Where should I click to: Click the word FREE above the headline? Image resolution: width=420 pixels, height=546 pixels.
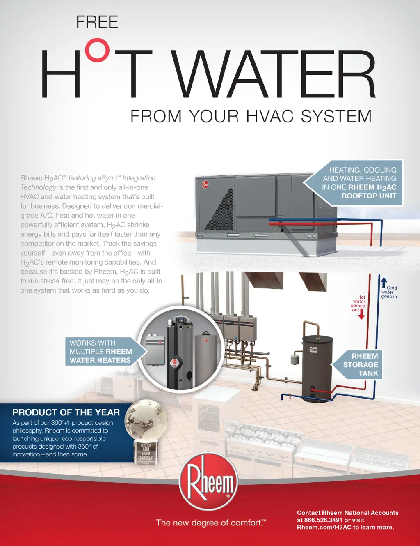(x=97, y=22)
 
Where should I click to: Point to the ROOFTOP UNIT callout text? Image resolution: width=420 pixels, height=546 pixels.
(x=369, y=196)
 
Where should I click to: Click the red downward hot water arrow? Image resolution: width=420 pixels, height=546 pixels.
(x=361, y=314)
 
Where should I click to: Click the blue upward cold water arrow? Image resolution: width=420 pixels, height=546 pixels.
(x=384, y=283)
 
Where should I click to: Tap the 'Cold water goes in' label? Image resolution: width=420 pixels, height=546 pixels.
(x=389, y=292)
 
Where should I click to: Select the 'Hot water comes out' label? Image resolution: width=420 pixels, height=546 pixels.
(x=358, y=304)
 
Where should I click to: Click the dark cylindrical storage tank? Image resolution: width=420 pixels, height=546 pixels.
(x=317, y=369)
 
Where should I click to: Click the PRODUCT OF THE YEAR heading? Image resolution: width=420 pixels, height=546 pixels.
(x=66, y=412)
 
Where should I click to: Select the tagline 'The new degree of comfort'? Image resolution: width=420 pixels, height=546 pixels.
(x=211, y=523)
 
